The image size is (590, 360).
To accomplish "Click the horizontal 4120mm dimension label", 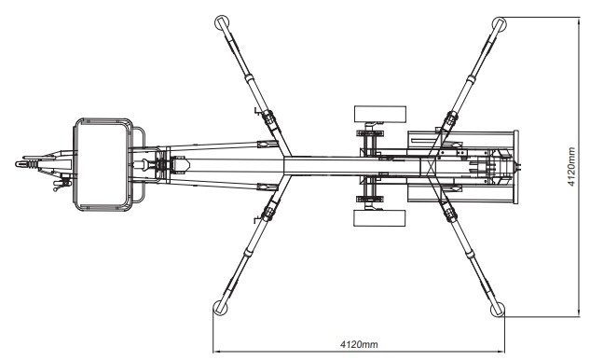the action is point(359,344).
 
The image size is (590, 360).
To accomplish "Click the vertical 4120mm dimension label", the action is point(571,167).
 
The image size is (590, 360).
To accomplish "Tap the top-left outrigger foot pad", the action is point(221,22).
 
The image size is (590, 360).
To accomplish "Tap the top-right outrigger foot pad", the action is point(499,24).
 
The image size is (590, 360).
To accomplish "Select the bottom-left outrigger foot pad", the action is point(220,308).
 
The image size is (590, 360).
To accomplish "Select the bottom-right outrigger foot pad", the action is point(498,310).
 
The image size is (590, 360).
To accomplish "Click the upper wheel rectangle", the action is point(380,114).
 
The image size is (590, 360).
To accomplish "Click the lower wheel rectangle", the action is point(379,218).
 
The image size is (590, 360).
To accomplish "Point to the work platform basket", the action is point(103,164).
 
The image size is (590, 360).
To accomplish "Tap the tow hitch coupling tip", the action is point(18,164).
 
